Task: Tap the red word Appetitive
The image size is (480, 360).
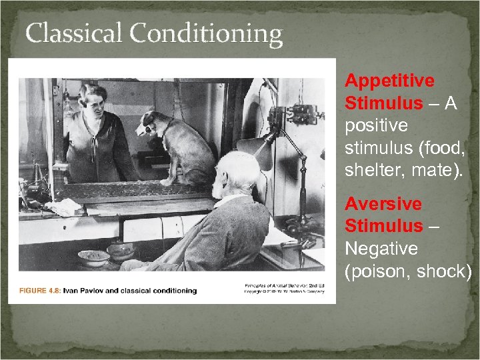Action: tap(389, 81)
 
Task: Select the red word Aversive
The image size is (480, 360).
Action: tap(383, 204)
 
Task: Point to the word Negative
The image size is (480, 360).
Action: tap(381, 249)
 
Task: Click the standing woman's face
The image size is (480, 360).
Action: tap(93, 100)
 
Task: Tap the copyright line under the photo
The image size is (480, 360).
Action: tap(287, 291)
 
